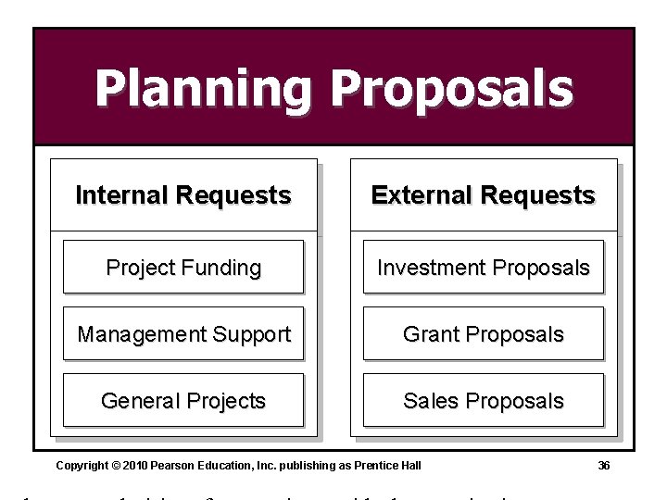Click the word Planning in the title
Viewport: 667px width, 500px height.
point(203,90)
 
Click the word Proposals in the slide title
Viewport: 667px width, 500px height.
point(452,90)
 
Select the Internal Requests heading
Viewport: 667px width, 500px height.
point(183,195)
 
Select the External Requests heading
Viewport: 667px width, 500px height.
point(484,195)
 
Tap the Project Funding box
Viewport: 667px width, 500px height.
point(183,268)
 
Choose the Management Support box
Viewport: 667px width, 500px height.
point(183,334)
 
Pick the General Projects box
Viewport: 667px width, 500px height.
point(183,401)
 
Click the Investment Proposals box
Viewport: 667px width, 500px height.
point(484,268)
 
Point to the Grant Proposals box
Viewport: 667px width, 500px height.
point(484,334)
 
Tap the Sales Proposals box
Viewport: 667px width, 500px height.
point(484,401)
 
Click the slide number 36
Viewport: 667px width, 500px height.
point(603,466)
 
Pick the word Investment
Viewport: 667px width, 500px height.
point(428,268)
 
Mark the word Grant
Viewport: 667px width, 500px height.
point(428,334)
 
